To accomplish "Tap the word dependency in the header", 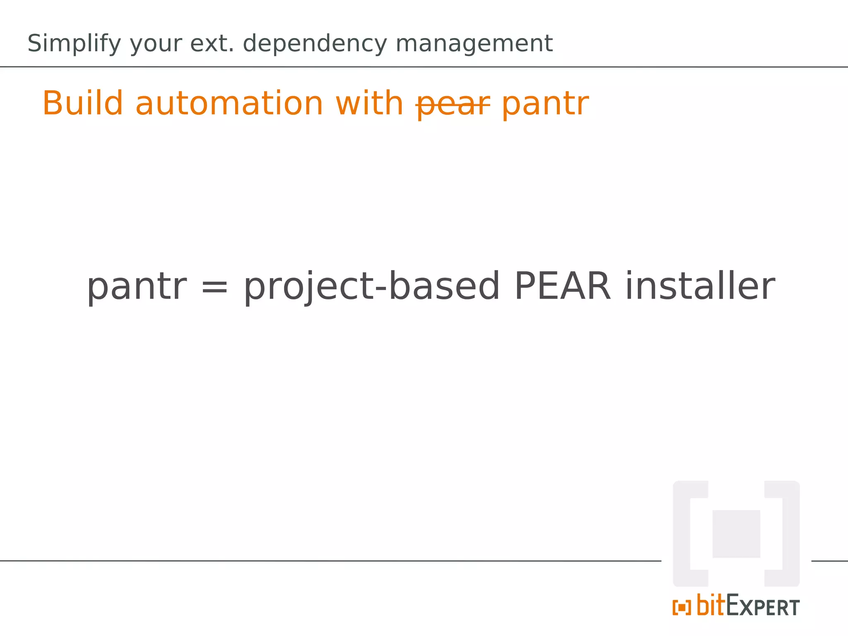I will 315,43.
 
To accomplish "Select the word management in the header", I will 474,43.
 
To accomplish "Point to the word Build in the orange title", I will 83,103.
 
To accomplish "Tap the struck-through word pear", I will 453,104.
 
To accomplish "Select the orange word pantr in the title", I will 545,104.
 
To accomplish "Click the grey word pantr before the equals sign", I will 137,287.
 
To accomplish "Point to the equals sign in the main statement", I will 214,287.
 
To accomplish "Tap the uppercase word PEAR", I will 562,286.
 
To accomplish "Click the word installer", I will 700,286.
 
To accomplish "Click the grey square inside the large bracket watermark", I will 736,534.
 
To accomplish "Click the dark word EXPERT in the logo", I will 763,607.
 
